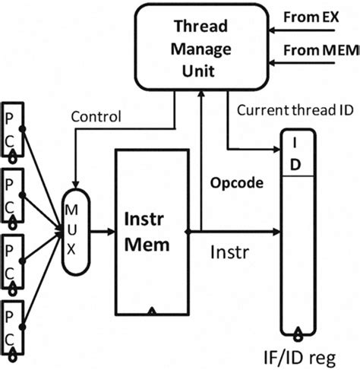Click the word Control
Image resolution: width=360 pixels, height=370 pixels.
click(96, 118)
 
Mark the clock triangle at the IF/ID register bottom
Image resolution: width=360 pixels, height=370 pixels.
click(299, 330)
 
